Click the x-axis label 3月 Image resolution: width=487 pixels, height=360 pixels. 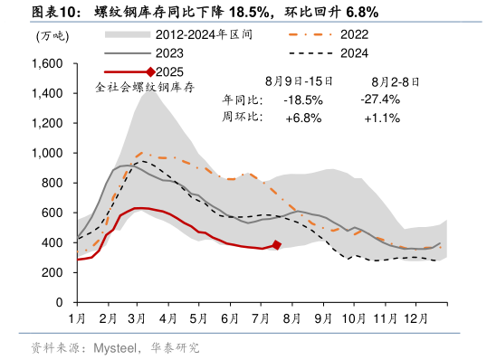[x=138, y=319]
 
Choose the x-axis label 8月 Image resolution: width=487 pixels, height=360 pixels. [x=292, y=319]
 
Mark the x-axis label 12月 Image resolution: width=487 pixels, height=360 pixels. [x=417, y=319]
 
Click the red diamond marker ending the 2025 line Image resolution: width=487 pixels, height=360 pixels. [x=277, y=245]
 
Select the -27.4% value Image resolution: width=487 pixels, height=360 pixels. [x=379, y=99]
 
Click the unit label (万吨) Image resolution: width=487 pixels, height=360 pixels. [x=51, y=36]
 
